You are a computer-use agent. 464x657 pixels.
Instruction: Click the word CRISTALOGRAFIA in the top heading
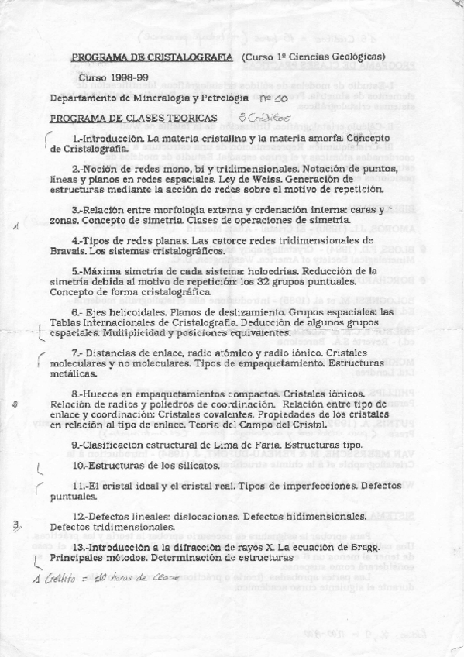click(190, 57)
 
